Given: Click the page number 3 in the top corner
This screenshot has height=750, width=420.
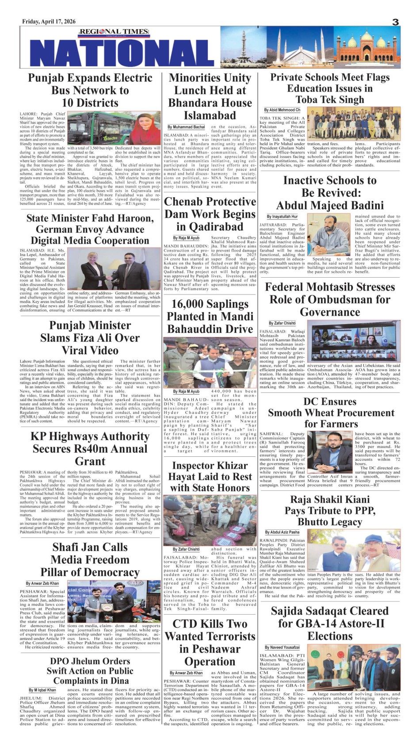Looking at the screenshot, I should pyautogui.click(x=395, y=22).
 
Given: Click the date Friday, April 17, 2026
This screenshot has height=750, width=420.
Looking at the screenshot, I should pyautogui.click(x=49, y=22).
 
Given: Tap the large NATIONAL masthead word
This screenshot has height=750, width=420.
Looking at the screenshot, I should pyautogui.click(x=122, y=53).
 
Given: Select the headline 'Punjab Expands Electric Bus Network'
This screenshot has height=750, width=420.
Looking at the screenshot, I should pyautogui.click(x=90, y=90).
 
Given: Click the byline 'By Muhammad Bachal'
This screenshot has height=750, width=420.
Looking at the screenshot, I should pyautogui.click(x=186, y=127).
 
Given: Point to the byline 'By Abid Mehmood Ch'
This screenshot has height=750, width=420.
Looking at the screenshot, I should pyautogui.click(x=282, y=110).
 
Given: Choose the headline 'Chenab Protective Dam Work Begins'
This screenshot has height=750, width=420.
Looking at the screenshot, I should pyautogui.click(x=210, y=214).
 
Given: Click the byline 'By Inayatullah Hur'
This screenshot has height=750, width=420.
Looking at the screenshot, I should pyautogui.click(x=282, y=217).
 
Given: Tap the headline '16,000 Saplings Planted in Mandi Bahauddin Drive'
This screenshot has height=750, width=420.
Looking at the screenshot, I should pyautogui.click(x=210, y=316).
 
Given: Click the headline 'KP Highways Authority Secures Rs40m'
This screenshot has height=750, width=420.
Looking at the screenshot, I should pyautogui.click(x=90, y=448).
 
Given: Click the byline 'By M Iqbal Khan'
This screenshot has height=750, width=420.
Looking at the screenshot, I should pyautogui.click(x=42, y=690).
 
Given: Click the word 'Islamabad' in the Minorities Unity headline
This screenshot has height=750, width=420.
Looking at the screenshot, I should pyautogui.click(x=210, y=115).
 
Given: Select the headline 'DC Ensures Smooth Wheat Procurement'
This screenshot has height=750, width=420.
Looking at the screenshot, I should pyautogui.click(x=330, y=413).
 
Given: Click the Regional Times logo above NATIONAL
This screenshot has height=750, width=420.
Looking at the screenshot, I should pyautogui.click(x=108, y=32).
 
